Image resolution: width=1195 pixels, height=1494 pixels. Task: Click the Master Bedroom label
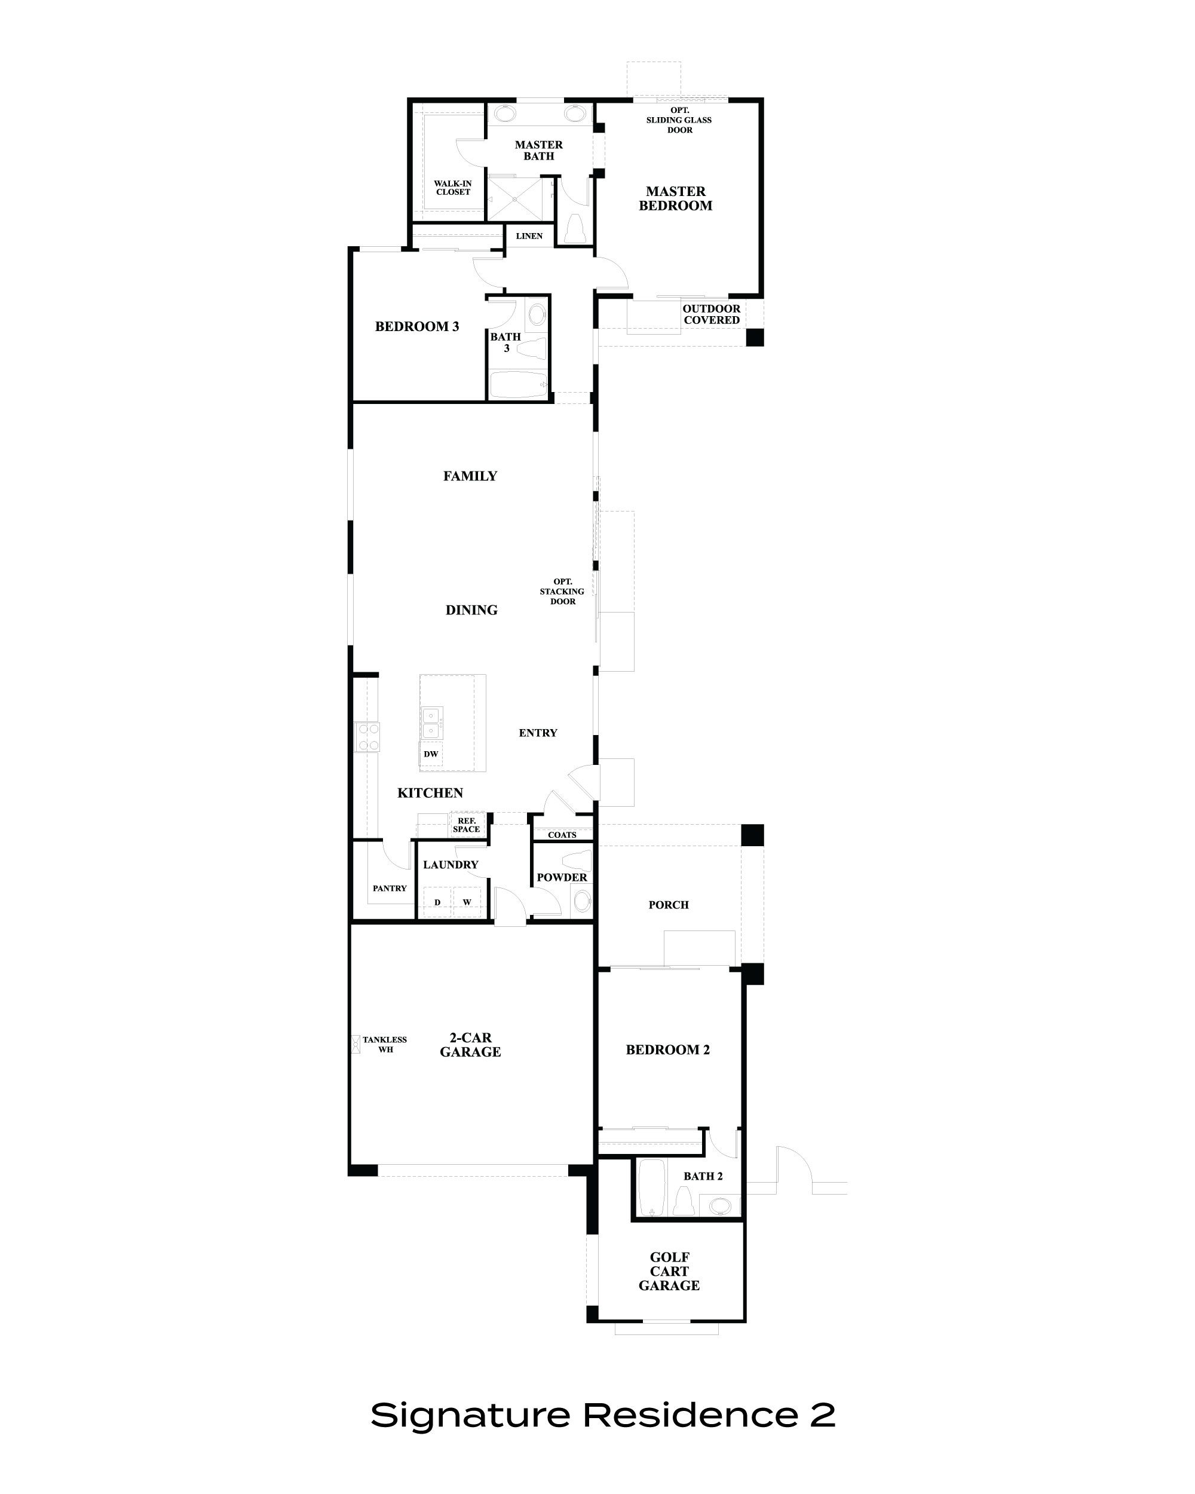675,198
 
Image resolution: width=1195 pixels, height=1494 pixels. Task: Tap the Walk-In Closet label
452,188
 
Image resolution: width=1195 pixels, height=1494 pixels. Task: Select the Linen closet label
529,236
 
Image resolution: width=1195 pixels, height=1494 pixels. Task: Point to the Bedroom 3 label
416,326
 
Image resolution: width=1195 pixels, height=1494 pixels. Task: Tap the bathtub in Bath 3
517,385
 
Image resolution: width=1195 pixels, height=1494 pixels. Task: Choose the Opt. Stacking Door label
562,591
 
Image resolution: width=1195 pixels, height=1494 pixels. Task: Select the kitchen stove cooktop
367,737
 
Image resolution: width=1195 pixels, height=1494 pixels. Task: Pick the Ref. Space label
466,825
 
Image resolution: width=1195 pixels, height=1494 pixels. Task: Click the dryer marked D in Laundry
437,902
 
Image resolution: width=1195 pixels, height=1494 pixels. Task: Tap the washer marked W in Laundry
467,902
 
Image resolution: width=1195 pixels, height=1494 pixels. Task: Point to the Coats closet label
562,834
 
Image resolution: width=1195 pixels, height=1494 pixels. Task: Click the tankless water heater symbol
356,1044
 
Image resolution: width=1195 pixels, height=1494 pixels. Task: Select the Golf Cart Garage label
669,1271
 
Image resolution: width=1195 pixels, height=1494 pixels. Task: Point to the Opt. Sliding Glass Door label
679,120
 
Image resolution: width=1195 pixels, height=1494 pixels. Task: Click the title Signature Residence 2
603,1415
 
